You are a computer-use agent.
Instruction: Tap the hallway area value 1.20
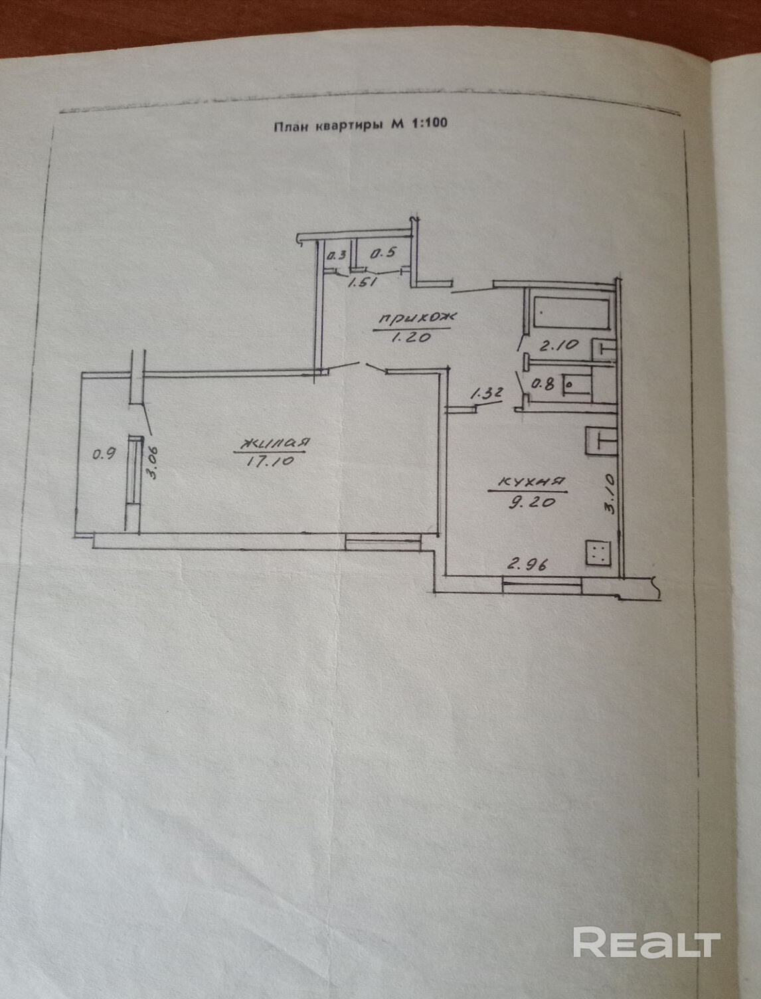point(412,337)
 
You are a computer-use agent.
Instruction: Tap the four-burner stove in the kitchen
point(598,552)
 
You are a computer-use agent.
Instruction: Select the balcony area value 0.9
point(104,455)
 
